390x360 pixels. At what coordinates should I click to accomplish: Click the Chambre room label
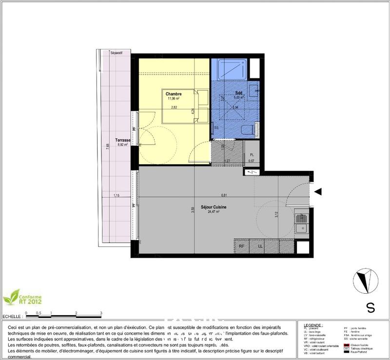tap(174, 94)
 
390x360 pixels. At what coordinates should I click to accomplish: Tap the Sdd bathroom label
tap(239, 93)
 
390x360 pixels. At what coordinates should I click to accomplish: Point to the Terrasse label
tap(122, 140)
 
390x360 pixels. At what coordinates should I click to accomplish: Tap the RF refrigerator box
tap(242, 246)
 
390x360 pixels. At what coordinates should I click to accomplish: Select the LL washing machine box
tap(260, 246)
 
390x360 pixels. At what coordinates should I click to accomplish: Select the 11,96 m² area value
tap(174, 99)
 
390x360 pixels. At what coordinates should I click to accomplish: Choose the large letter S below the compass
tap(370, 308)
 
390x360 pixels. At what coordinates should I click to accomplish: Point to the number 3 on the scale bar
tap(100, 313)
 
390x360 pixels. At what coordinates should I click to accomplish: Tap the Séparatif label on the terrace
tap(116, 53)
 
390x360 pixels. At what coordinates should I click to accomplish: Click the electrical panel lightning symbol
tap(252, 172)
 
